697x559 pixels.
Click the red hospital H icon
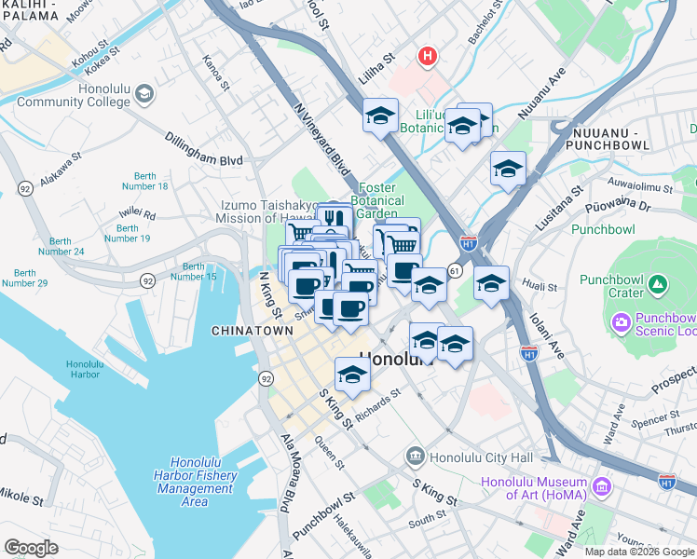(428, 57)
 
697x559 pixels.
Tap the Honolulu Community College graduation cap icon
(144, 93)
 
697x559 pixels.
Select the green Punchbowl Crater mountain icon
(658, 282)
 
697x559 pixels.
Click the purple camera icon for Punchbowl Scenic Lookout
(621, 321)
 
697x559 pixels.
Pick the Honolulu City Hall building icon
(415, 457)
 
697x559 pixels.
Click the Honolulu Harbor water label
(84, 369)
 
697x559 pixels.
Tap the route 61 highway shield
(455, 269)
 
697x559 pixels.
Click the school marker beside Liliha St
(380, 116)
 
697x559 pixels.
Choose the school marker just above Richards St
(352, 375)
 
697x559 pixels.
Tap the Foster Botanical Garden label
(380, 200)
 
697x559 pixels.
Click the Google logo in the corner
(31, 548)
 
